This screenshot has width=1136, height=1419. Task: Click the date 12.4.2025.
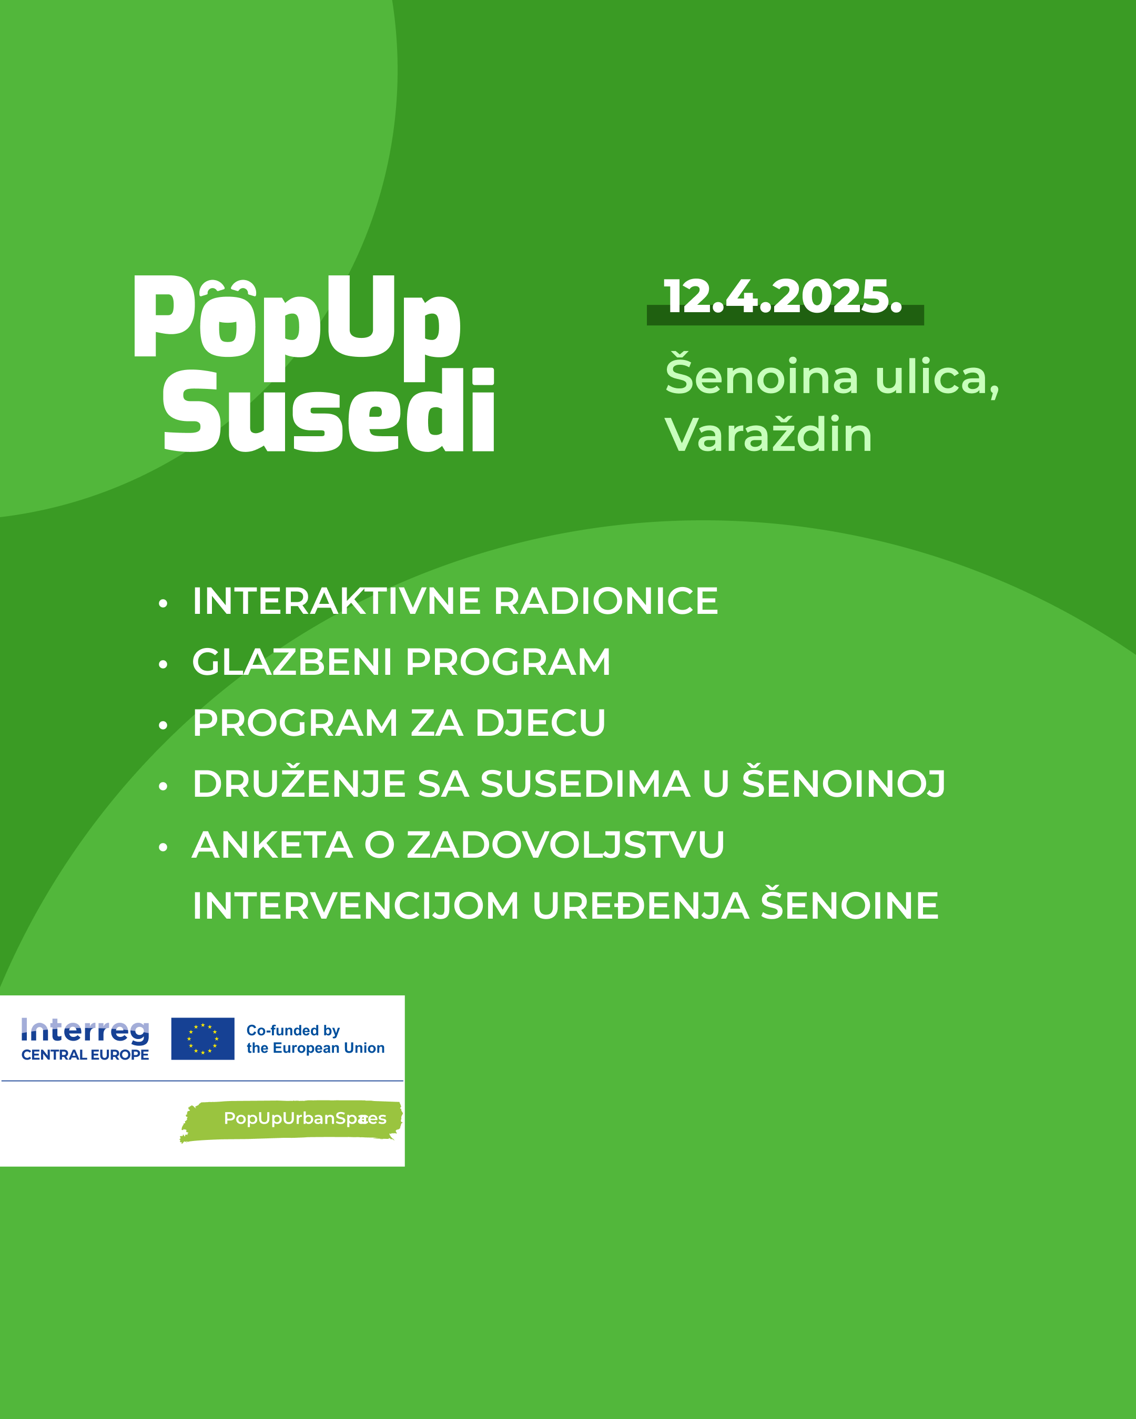[x=783, y=296]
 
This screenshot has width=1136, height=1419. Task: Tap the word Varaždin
[x=768, y=435]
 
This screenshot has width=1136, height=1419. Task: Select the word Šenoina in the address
[x=762, y=375]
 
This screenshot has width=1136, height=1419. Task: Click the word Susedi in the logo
[x=328, y=410]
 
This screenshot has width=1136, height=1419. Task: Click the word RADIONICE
[x=606, y=601]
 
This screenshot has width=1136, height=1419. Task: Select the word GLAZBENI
[x=292, y=662]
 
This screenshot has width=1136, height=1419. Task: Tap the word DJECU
[x=540, y=723]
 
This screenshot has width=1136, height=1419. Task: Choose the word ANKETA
[x=272, y=845]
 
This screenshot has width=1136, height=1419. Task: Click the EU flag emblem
[x=203, y=1038]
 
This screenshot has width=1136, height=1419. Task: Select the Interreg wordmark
[x=86, y=1031]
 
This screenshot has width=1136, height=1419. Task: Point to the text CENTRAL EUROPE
[x=86, y=1054]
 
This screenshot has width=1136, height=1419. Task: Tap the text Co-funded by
[x=293, y=1031]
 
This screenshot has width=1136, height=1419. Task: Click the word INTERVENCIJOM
[x=356, y=906]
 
